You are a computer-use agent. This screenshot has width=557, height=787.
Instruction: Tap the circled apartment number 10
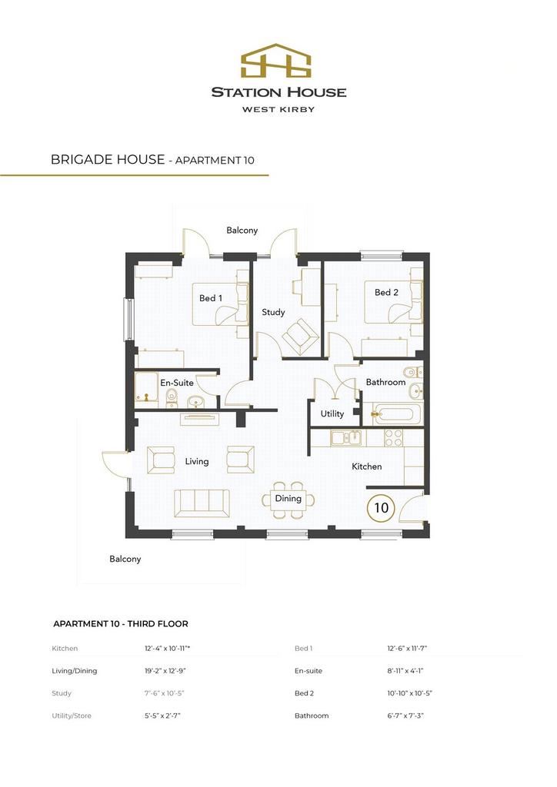[x=382, y=507]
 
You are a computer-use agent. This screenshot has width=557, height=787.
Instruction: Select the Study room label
[x=273, y=312]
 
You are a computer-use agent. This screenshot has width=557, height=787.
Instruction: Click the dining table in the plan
[x=289, y=500]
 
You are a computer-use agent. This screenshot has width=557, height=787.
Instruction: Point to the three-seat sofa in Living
[x=202, y=503]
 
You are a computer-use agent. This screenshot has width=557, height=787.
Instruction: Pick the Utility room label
[x=332, y=413]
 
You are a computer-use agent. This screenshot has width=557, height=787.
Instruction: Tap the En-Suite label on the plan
[x=177, y=383]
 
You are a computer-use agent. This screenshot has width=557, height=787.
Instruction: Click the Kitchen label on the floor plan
[x=367, y=467]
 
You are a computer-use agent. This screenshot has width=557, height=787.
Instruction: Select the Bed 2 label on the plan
[x=386, y=292]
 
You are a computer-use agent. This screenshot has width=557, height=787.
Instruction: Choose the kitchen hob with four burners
[x=393, y=437]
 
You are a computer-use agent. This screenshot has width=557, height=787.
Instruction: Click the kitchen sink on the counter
[x=346, y=437]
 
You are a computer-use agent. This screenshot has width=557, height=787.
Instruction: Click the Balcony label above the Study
[x=242, y=231]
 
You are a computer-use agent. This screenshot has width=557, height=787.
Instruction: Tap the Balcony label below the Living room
[x=125, y=559]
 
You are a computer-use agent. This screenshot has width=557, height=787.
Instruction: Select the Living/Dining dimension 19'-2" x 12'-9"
[x=165, y=670]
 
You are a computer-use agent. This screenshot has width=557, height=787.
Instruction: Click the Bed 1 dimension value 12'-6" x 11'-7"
[x=407, y=648]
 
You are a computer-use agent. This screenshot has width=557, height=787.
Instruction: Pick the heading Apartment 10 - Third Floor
[x=121, y=624]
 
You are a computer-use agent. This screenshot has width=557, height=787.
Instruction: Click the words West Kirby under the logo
[x=278, y=109]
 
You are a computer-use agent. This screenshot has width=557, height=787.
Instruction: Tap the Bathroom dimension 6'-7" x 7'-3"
[x=405, y=716]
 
